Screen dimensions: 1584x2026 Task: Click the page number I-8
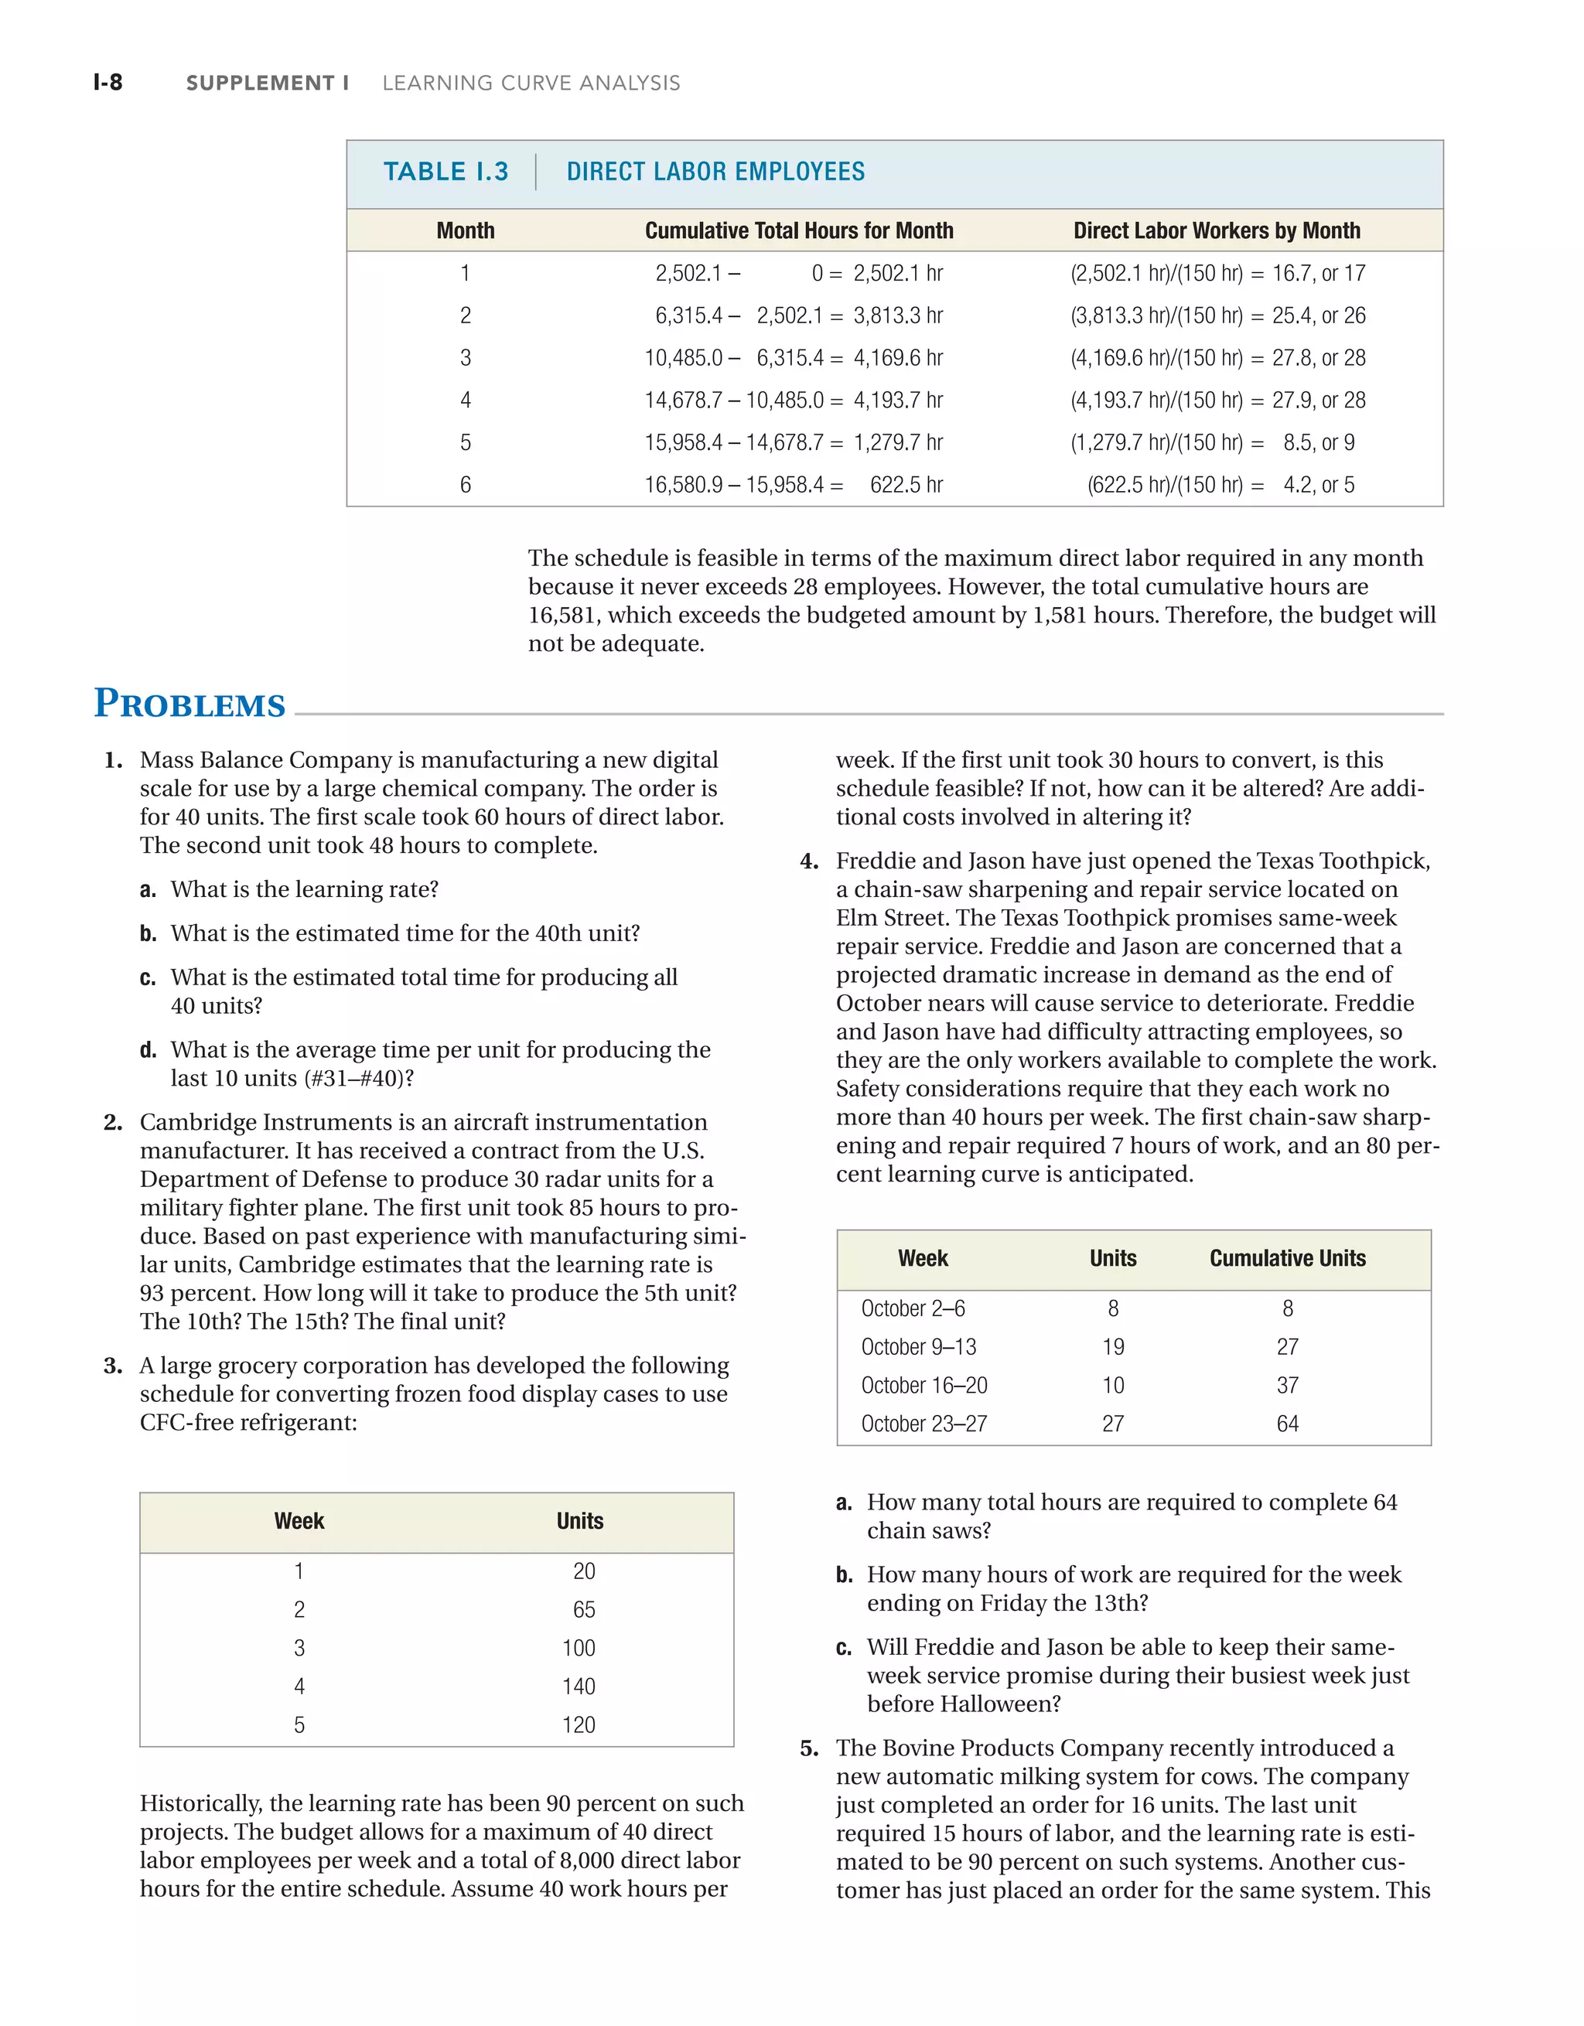[108, 83]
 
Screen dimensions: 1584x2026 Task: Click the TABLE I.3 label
[445, 172]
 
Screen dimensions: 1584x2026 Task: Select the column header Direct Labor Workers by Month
[1217, 230]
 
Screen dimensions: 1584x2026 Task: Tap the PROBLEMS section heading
[189, 704]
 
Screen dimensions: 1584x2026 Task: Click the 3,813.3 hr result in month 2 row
[897, 315]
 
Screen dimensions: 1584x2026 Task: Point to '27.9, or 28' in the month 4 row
[1318, 400]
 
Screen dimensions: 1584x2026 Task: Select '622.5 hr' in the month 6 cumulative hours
[906, 484]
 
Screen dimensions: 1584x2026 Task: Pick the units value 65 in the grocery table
[584, 1608]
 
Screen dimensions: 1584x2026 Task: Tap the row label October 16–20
[923, 1385]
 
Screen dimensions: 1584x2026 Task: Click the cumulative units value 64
[1287, 1423]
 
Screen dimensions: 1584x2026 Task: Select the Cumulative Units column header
[1287, 1258]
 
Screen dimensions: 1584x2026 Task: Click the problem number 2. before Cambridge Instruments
[113, 1123]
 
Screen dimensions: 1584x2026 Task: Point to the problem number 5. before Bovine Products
[809, 1748]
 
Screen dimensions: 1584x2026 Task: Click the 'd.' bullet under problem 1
[148, 1050]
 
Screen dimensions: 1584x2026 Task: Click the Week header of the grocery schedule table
[299, 1520]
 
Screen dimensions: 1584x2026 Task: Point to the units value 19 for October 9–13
[1113, 1346]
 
